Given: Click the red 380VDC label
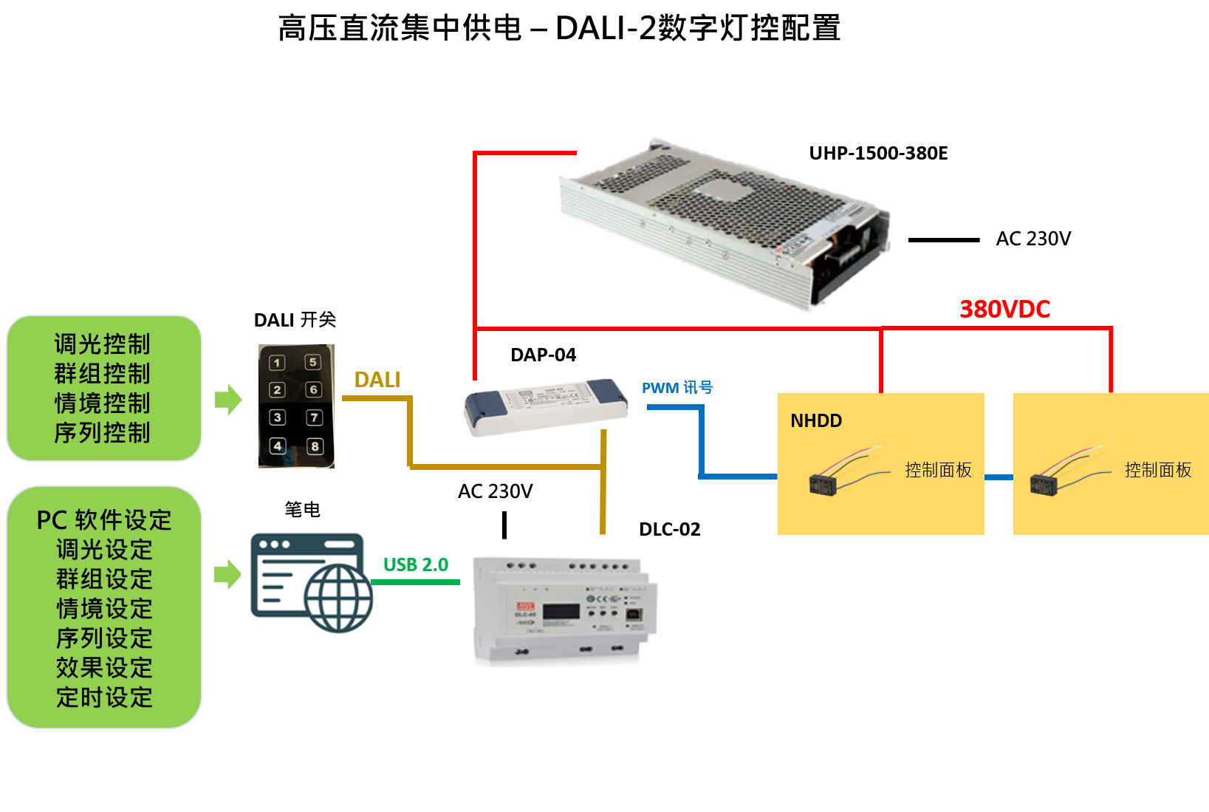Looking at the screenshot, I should click(x=1004, y=309).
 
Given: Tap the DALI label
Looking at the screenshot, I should click(x=377, y=380).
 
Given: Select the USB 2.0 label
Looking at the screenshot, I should click(x=416, y=565).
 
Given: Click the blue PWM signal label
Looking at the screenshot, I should click(x=677, y=388).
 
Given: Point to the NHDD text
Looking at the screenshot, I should click(x=816, y=421).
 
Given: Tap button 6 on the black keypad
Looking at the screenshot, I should click(x=314, y=389).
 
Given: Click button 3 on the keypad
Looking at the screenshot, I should click(x=277, y=417).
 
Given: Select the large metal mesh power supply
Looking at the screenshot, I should click(x=724, y=222).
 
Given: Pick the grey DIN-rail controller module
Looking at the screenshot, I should click(x=564, y=609).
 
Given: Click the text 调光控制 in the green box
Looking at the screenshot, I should click(x=103, y=344).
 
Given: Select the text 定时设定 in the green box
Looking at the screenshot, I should click(x=104, y=697).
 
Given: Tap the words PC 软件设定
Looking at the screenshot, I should click(x=104, y=520).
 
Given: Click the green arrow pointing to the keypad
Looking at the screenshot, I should click(x=228, y=400).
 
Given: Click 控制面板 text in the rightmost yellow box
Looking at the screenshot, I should click(x=1158, y=470).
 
